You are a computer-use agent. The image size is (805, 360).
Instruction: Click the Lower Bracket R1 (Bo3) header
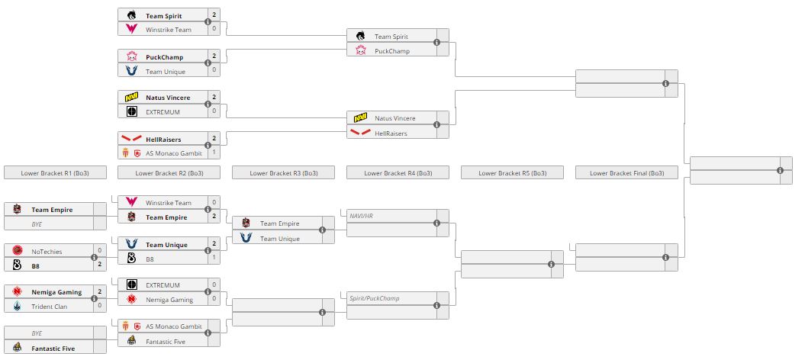coord(54,173)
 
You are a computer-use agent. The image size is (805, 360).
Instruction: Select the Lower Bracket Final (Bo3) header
coord(626,173)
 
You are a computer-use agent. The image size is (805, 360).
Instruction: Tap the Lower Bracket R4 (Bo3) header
coord(398,173)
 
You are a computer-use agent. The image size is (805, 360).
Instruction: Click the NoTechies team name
coord(47,251)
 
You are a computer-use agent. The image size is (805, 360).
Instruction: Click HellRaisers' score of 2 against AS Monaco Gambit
coord(214,139)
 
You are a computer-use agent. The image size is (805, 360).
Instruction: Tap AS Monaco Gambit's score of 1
coord(214,153)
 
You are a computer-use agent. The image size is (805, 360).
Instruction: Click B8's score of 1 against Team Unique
coord(214,259)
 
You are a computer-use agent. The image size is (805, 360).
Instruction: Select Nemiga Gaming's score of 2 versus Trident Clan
coord(100,292)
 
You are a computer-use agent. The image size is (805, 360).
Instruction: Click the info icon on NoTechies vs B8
coord(94,258)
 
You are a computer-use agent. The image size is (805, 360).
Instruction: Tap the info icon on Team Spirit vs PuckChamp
coord(436,43)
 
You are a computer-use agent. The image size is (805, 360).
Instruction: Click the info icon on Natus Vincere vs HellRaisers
coord(436,126)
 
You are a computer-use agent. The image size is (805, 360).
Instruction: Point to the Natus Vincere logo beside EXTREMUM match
coord(132,98)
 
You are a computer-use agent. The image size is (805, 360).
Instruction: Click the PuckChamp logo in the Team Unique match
coord(132,56)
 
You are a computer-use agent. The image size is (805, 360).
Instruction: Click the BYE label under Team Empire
coord(37,223)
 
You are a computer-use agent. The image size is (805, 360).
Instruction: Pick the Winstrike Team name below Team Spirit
coord(169,29)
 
